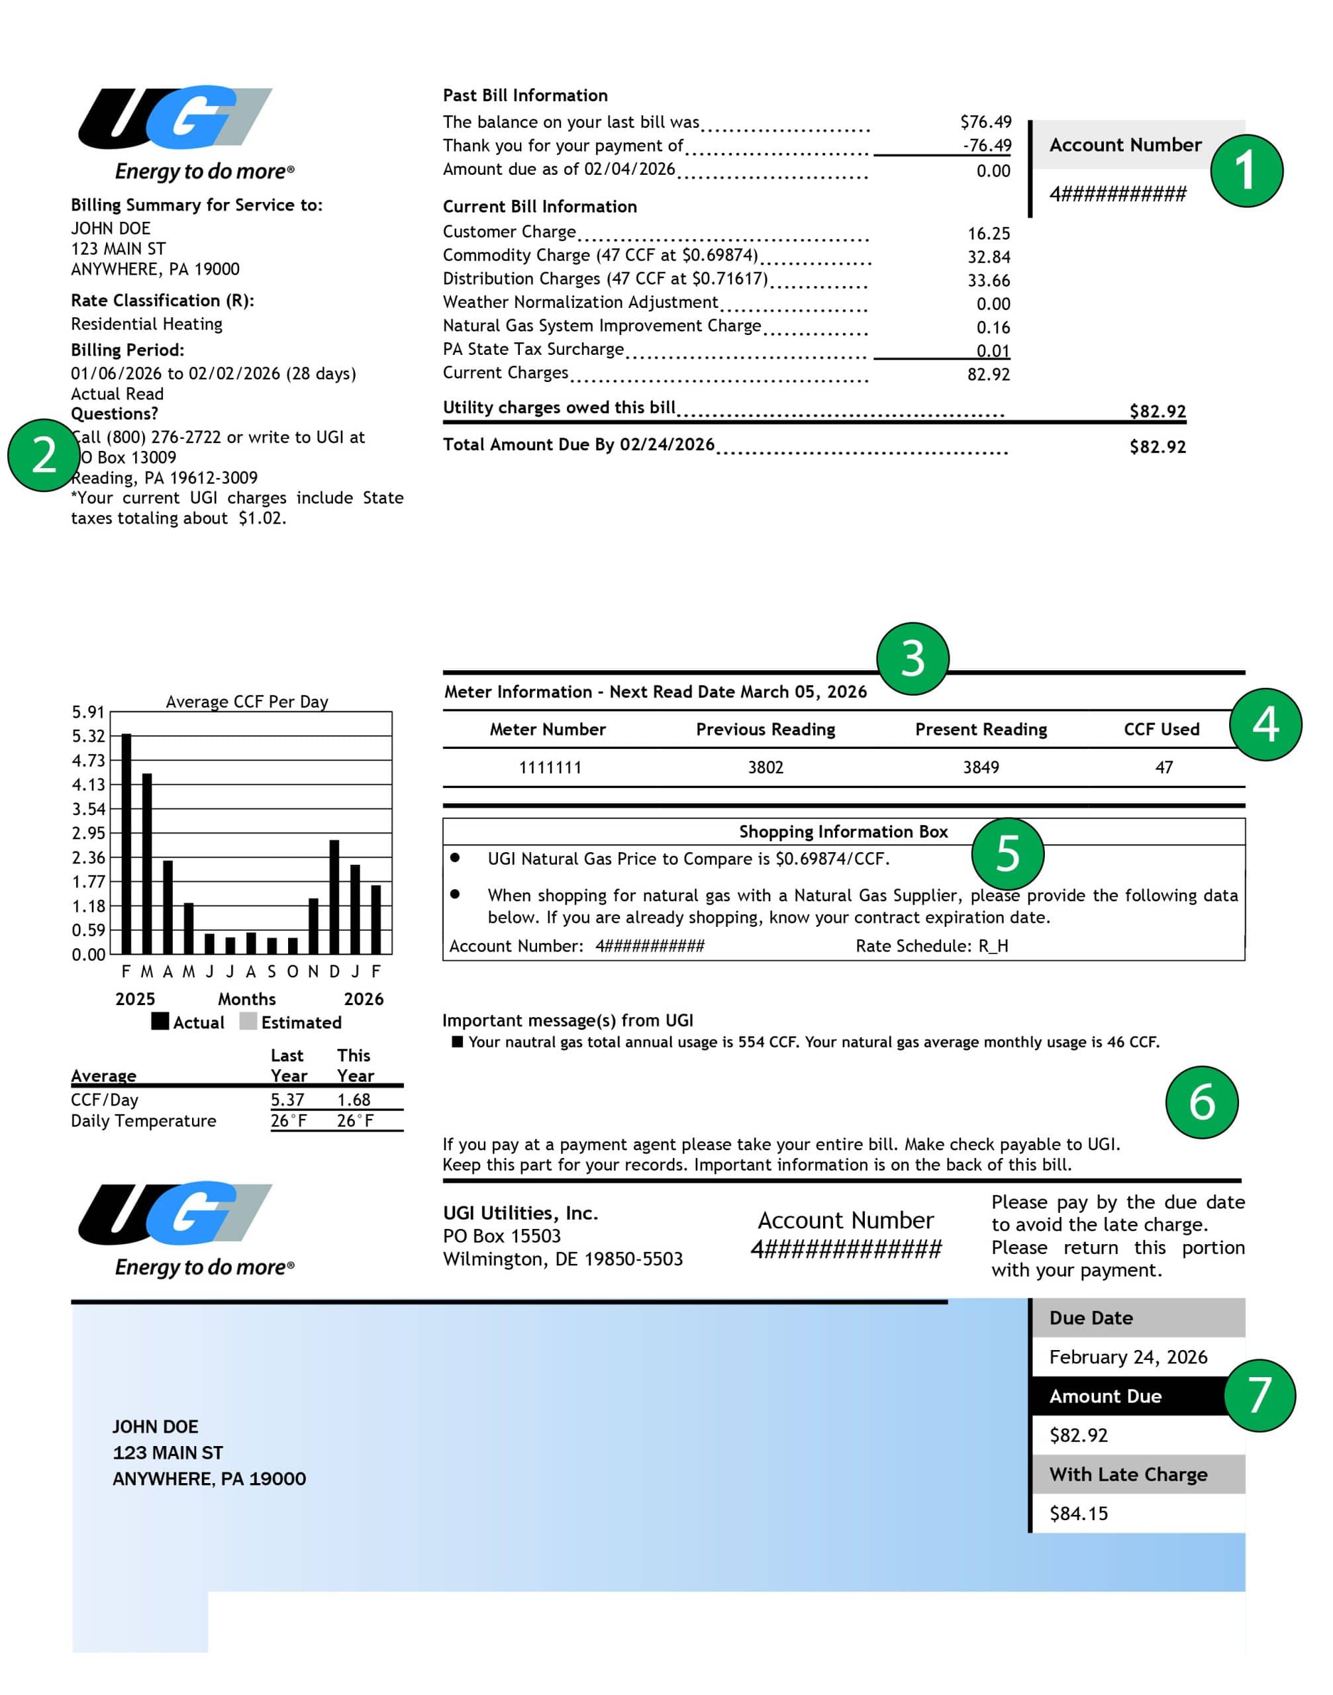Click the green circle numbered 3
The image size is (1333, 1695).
coord(913,659)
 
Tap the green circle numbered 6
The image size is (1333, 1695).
coord(1201,1102)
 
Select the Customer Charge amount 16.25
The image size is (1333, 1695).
coord(988,233)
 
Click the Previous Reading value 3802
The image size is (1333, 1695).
coord(765,767)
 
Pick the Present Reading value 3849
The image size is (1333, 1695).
coord(980,767)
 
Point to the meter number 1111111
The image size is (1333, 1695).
coord(550,767)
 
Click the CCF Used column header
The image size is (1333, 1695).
coord(1161,729)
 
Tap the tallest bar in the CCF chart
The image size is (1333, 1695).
coord(126,843)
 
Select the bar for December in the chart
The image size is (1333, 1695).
coord(334,896)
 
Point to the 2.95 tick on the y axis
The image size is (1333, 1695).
coord(88,833)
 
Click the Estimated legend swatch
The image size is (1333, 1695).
coord(248,1022)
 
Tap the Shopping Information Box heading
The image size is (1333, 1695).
coord(843,832)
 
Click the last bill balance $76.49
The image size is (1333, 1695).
coord(985,122)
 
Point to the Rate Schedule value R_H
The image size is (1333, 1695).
coord(993,946)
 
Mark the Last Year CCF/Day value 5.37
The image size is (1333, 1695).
coord(287,1100)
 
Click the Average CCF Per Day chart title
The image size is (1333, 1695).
coord(246,702)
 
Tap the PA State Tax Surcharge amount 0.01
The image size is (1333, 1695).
coord(993,350)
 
